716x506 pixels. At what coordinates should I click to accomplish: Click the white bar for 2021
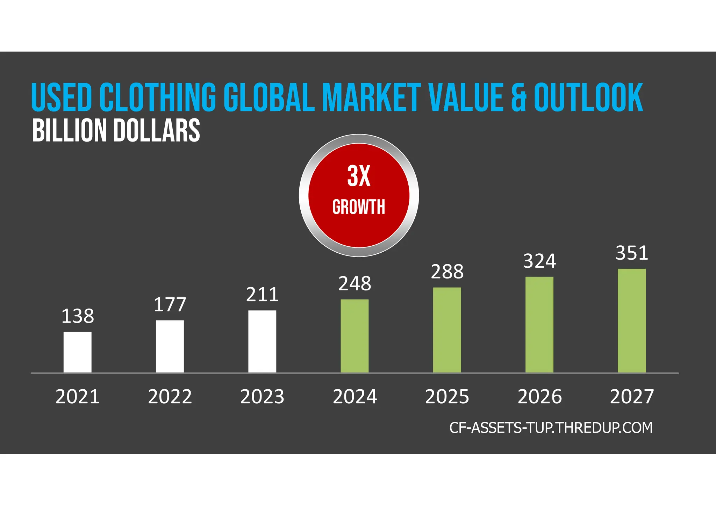(77, 352)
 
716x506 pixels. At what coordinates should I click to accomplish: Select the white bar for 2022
(170, 346)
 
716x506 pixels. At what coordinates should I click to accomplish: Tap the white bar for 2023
(262, 341)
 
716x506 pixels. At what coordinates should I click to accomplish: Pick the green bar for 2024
(355, 336)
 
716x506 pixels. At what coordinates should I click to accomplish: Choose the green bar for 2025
(447, 330)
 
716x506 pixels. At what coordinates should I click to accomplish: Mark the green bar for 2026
(539, 325)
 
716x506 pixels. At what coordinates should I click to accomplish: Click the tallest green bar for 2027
(632, 320)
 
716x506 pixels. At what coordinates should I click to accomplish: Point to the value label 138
(78, 316)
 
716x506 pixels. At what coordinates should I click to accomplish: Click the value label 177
(170, 304)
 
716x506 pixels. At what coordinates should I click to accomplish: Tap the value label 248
(355, 283)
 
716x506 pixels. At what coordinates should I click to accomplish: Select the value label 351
(632, 253)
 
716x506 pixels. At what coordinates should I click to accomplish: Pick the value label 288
(447, 272)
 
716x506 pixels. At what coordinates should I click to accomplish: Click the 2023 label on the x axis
(262, 397)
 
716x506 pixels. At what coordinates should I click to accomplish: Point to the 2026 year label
(539, 397)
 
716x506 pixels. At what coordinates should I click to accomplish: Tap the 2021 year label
(78, 397)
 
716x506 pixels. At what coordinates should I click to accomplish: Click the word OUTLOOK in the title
(588, 97)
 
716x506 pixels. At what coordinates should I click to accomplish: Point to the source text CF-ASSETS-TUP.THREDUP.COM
(551, 428)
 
